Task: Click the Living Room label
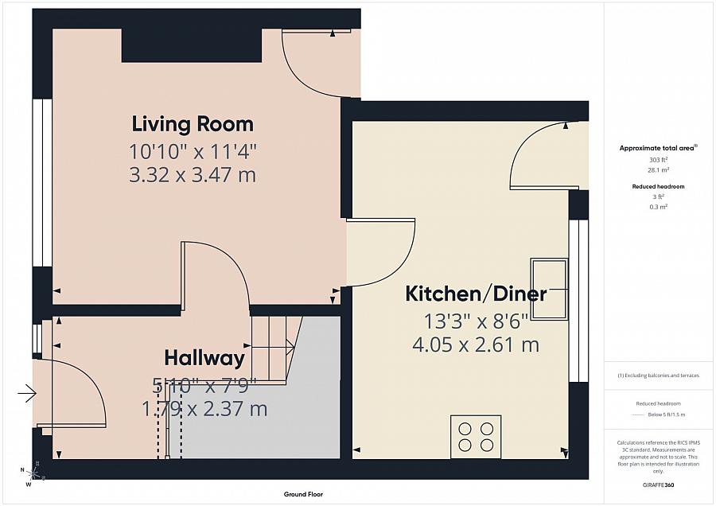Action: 193,124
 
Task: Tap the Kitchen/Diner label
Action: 477,294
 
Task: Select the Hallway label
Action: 204,357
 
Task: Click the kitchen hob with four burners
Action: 476,437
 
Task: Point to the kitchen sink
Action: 550,289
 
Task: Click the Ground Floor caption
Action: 304,494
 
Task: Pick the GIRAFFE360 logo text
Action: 658,485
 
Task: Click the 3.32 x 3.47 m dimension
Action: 193,175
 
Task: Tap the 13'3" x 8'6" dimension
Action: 477,321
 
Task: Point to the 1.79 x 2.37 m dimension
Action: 204,410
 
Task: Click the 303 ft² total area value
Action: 658,159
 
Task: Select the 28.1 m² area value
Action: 658,169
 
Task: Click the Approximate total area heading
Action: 657,148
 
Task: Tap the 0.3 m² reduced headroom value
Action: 658,206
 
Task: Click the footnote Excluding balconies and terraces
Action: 659,375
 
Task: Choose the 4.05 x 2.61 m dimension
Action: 477,345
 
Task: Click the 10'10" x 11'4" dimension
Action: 193,150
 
